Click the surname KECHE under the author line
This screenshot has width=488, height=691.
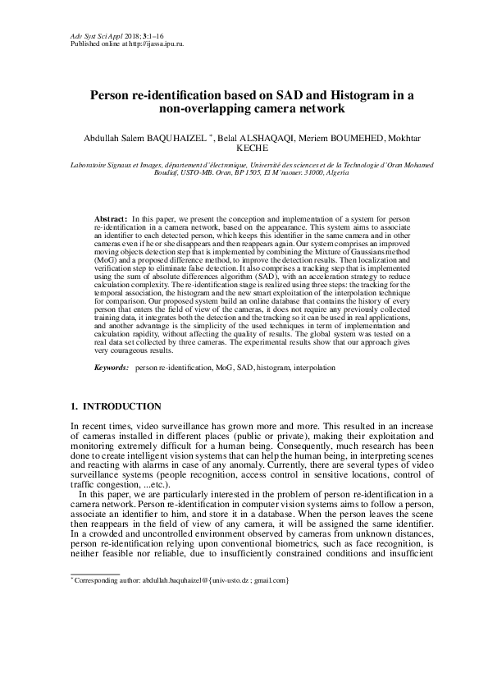click(x=244, y=149)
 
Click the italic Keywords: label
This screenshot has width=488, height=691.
click(x=112, y=370)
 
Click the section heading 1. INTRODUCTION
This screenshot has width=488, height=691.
click(x=116, y=407)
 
